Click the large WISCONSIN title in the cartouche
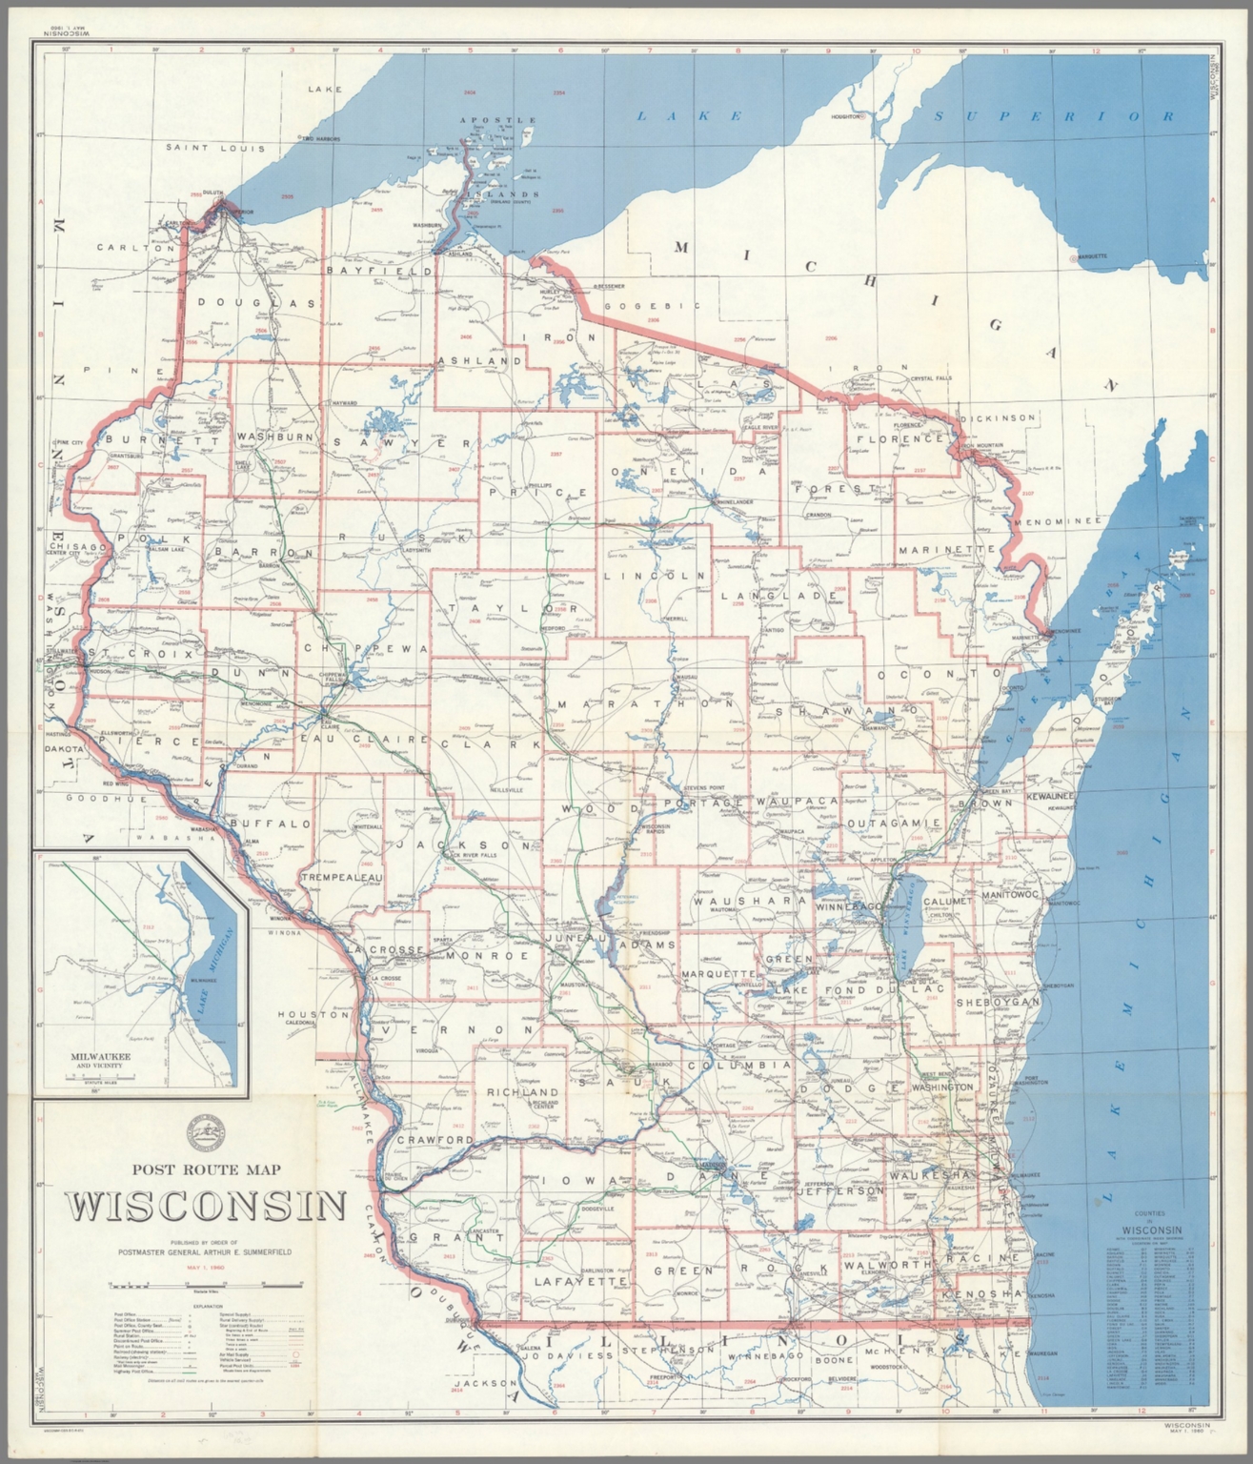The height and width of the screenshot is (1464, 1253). click(206, 1207)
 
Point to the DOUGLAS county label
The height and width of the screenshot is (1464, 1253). click(256, 303)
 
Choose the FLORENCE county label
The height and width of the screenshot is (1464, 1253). click(904, 439)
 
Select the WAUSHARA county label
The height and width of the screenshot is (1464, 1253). click(752, 901)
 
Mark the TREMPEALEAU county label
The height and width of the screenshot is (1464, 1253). click(342, 876)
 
